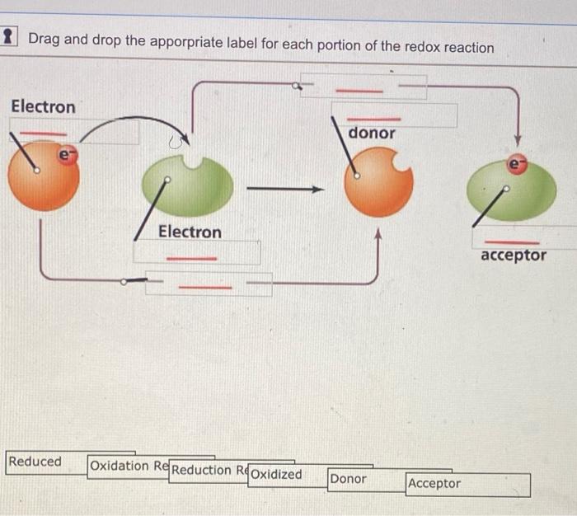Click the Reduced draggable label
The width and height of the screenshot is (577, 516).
[35, 462]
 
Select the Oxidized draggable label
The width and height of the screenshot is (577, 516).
[276, 475]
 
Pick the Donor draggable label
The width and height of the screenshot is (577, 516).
[349, 478]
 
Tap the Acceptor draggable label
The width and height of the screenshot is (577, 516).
[434, 483]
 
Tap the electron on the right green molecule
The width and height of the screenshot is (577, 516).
[517, 165]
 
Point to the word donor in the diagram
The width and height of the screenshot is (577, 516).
[372, 133]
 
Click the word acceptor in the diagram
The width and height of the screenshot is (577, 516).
[513, 256]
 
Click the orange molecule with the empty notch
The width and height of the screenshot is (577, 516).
[376, 182]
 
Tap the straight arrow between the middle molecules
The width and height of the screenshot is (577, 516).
[285, 190]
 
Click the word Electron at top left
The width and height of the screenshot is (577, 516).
[43, 107]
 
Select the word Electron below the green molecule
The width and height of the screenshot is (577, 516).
[190, 232]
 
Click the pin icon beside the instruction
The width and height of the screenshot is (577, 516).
[8, 36]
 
